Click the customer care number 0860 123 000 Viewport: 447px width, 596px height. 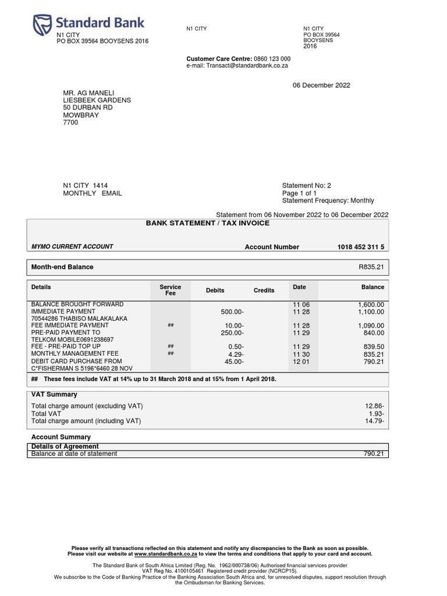coord(272,59)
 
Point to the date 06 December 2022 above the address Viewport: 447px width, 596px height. coord(321,86)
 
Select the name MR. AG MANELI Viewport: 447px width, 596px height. coord(89,93)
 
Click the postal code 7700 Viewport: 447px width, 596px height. coord(70,123)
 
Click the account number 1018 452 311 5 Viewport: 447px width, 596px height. coord(360,247)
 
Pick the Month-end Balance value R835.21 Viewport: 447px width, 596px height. coord(371,267)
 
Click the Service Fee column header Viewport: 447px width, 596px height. coord(170,290)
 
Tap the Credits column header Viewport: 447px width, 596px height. coord(264,290)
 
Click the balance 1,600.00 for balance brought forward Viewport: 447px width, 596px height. coord(371,304)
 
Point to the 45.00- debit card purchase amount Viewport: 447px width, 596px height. coord(233,361)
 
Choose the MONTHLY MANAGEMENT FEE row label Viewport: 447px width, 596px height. coord(75,354)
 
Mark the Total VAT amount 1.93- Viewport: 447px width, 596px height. coord(375,413)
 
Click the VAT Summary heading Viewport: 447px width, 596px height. coord(54,395)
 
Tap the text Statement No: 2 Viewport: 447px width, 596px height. coord(306,186)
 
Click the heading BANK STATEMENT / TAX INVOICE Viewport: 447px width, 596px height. coord(207,223)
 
